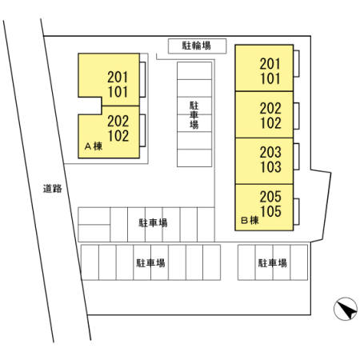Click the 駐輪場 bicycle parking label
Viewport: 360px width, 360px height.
(197, 46)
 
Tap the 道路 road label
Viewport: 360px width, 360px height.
(53, 189)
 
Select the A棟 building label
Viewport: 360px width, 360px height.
(94, 146)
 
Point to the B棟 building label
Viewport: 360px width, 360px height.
(250, 220)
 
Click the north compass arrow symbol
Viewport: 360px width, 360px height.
(346, 309)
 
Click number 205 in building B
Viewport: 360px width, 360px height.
(270, 197)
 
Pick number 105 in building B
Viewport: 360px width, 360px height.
(270, 211)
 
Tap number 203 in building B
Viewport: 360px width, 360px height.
(270, 152)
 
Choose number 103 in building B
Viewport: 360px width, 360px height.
(270, 167)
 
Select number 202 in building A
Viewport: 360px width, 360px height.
(118, 122)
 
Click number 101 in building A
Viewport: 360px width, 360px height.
(118, 92)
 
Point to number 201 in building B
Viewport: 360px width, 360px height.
(270, 64)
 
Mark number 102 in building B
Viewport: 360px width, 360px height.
(270, 123)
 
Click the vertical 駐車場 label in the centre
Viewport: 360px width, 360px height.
(194, 115)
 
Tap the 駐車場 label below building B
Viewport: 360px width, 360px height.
(273, 263)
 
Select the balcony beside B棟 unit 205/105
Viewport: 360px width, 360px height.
(296, 212)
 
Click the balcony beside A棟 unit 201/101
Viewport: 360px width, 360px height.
(142, 79)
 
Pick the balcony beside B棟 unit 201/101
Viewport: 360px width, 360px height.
(296, 64)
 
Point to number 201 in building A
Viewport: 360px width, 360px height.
(118, 78)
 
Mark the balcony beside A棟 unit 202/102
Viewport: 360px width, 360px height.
(142, 130)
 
